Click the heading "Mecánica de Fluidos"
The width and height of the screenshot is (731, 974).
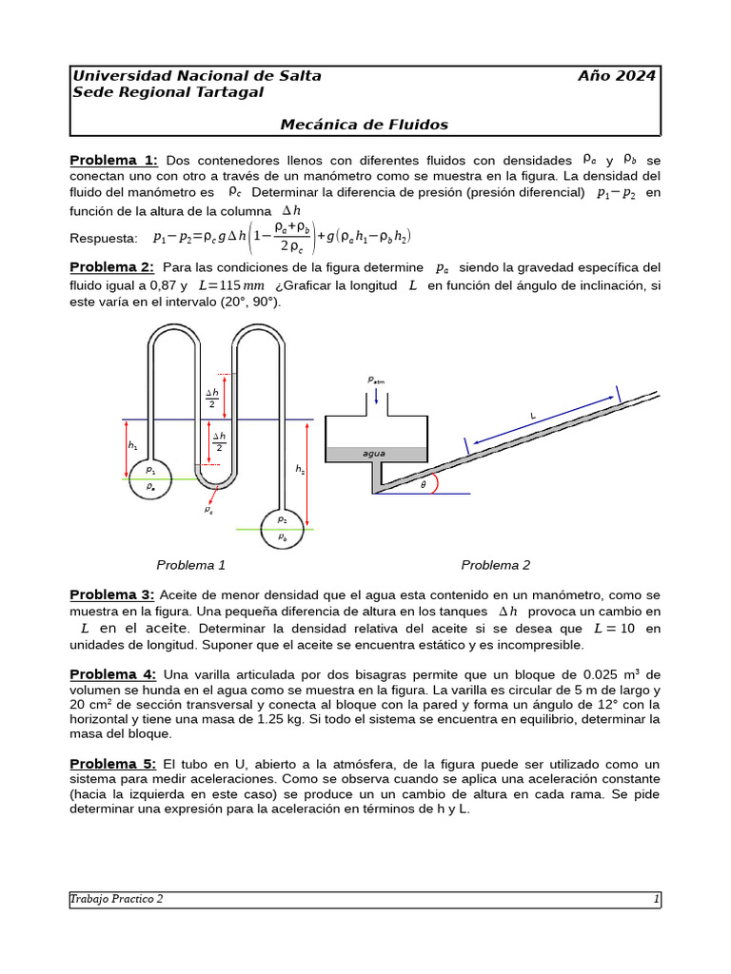coord(364,125)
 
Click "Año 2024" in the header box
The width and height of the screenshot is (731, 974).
coord(616,76)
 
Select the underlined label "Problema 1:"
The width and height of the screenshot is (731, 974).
coord(113,160)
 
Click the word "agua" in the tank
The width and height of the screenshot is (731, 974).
coord(374,454)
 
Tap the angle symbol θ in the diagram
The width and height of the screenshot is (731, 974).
coord(424,484)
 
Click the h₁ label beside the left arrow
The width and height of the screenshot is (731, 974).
coord(132,445)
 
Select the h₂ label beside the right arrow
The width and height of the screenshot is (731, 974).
coord(300,469)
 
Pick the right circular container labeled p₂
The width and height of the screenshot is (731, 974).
coord(283,527)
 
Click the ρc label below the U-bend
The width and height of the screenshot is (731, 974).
coord(208,510)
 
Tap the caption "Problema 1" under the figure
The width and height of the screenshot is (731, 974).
coord(190,565)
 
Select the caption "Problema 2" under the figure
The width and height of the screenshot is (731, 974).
coord(496,565)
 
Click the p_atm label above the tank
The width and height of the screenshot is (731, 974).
coord(376,380)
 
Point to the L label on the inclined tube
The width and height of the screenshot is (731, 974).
coord(533,415)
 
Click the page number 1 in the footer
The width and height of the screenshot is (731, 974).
coord(656,899)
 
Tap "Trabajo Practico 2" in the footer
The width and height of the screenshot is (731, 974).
coord(117,899)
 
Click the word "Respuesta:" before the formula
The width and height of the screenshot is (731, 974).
coord(104,238)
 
